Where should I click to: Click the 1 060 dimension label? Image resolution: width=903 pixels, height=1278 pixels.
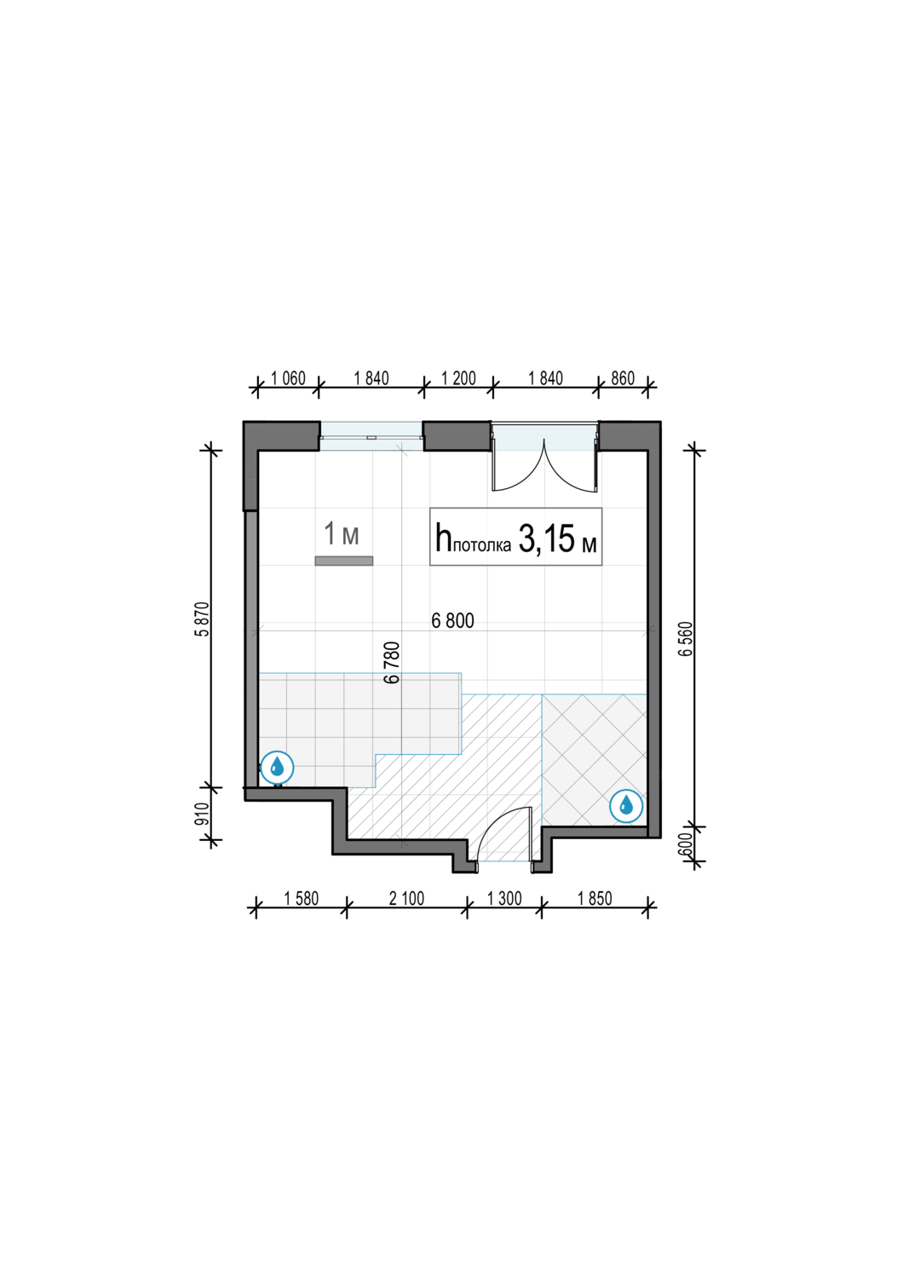point(288,378)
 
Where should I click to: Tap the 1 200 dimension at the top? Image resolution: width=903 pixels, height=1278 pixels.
point(458,378)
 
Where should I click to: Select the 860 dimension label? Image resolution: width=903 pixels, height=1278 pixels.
point(623,378)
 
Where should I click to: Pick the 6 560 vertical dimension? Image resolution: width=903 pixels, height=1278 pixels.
point(687,638)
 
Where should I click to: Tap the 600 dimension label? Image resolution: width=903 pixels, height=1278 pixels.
point(687,844)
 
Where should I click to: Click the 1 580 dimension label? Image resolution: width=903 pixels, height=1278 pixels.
point(302,899)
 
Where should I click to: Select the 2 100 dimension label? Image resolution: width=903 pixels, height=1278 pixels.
point(406,899)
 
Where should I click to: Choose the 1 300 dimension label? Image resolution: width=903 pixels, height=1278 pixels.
point(504,899)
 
